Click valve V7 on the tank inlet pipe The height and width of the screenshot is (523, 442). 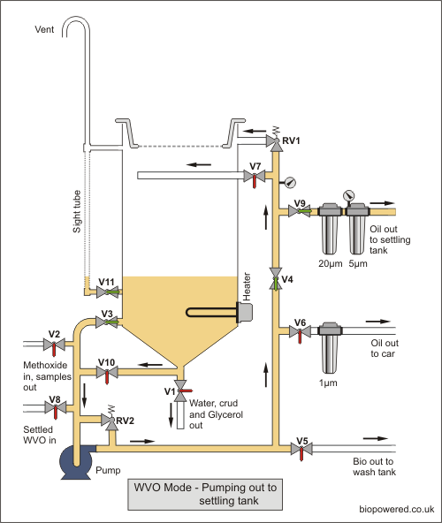[255, 177]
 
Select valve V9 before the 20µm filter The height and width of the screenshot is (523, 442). [300, 211]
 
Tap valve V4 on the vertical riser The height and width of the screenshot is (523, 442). [276, 278]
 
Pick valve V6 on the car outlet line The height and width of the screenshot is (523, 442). [300, 331]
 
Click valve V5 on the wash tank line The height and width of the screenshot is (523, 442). [301, 449]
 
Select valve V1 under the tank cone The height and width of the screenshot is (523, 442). [181, 390]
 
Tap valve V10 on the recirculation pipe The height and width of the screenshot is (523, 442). [107, 372]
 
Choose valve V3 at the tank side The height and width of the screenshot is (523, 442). [107, 322]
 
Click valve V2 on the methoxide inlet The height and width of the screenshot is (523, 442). [54, 345]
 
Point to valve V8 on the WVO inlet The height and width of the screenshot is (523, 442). [56, 407]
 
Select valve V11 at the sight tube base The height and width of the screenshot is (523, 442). [108, 292]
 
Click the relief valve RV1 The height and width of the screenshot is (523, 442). [275, 140]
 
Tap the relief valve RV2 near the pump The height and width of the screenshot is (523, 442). [110, 420]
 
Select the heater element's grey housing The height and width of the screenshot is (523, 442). [244, 313]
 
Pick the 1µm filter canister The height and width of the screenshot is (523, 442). [330, 347]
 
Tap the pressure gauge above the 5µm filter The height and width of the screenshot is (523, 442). [349, 195]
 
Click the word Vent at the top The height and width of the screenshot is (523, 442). [44, 29]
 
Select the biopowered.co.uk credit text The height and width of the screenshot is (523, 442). [397, 510]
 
